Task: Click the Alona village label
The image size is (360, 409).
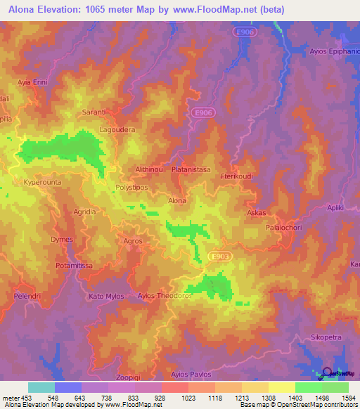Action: point(177,201)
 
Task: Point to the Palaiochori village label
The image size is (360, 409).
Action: point(283,228)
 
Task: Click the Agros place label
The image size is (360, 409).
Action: point(132,241)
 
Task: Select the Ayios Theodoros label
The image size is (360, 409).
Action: point(165,296)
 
